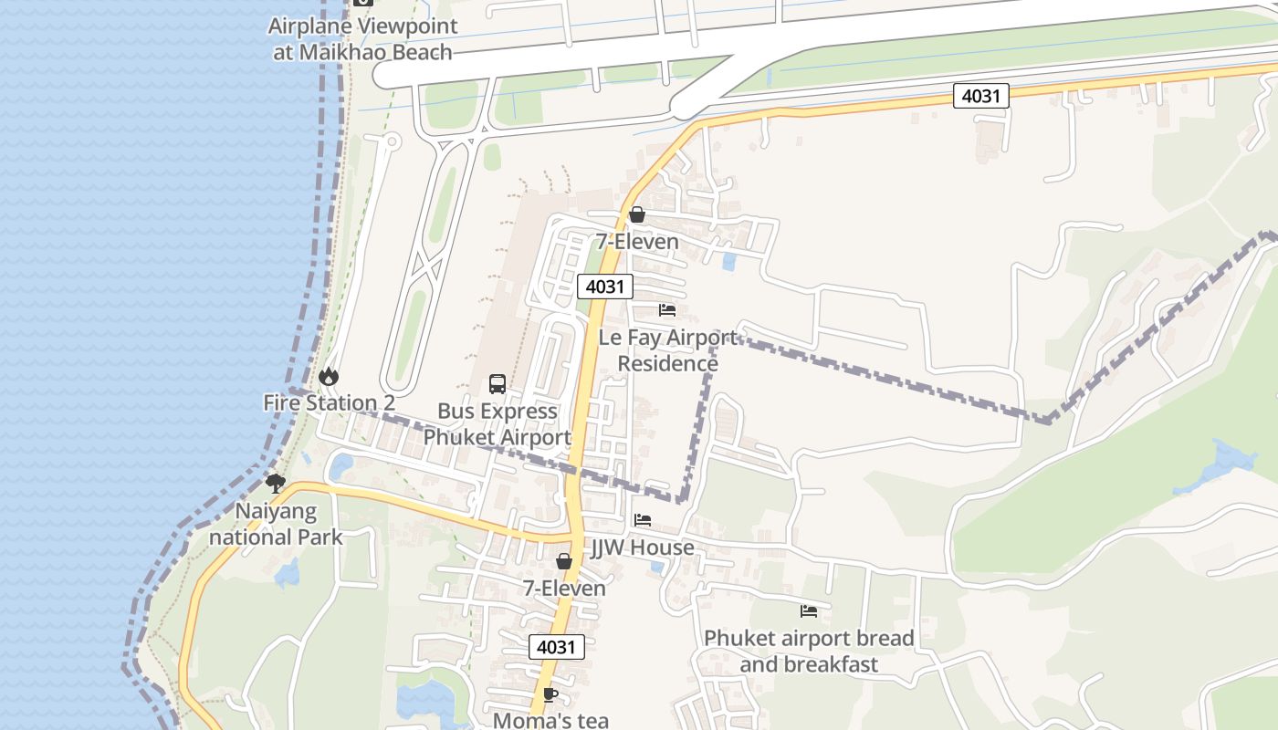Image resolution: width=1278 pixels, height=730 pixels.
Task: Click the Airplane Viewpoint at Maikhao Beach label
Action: point(361,38)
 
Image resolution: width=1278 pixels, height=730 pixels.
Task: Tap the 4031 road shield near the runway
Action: point(980,95)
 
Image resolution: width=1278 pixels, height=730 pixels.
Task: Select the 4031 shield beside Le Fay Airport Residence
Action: point(604,287)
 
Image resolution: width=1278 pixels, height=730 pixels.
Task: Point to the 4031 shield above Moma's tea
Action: point(556,647)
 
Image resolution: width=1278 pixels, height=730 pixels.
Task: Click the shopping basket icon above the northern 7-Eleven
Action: point(637,215)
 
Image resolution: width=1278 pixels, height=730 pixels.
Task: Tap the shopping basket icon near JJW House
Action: point(564,561)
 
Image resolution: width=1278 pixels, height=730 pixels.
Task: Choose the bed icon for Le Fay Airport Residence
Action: point(667,310)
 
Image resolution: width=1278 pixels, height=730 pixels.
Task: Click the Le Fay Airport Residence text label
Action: point(667,350)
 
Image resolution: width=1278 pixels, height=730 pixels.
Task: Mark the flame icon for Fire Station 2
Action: point(328,376)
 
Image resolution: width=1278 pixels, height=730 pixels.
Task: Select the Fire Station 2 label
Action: point(329,402)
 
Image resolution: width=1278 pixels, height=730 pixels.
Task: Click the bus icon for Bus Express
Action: point(498,384)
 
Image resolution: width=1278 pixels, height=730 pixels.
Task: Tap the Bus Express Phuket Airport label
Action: point(498,424)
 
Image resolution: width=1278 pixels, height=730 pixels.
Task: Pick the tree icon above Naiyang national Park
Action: point(275,484)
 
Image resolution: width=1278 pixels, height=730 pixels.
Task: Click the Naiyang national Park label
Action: point(276,524)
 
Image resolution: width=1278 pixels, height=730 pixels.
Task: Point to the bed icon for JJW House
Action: point(643,520)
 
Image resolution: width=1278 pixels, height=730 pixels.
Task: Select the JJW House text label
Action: point(643,547)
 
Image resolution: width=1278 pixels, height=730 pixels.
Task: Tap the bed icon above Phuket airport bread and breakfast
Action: point(809,610)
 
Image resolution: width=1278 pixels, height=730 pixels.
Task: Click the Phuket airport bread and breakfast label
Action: point(809,651)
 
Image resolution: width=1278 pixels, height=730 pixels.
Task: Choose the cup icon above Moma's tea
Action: point(550,694)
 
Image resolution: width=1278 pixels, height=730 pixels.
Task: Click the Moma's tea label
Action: point(550,719)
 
